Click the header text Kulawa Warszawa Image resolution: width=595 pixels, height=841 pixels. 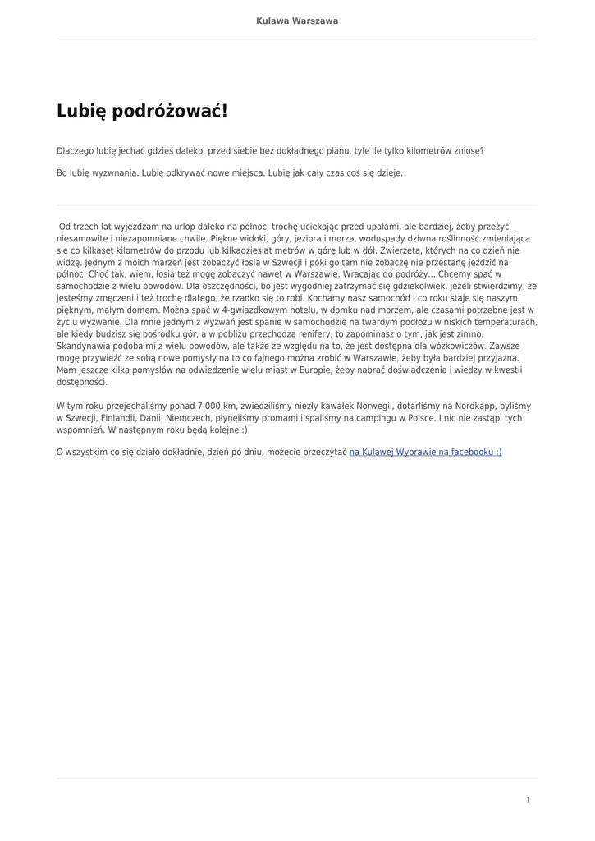(297, 21)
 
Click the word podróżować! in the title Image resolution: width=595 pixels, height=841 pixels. (169, 111)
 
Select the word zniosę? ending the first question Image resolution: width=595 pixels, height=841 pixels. (466, 151)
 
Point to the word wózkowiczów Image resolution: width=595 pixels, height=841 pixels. (451, 347)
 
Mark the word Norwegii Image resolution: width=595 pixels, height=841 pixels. (347, 406)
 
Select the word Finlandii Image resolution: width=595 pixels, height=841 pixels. (120, 418)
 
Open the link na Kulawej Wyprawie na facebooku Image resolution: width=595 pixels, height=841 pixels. (425, 452)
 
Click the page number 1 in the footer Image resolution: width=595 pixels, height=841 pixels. (528, 800)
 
